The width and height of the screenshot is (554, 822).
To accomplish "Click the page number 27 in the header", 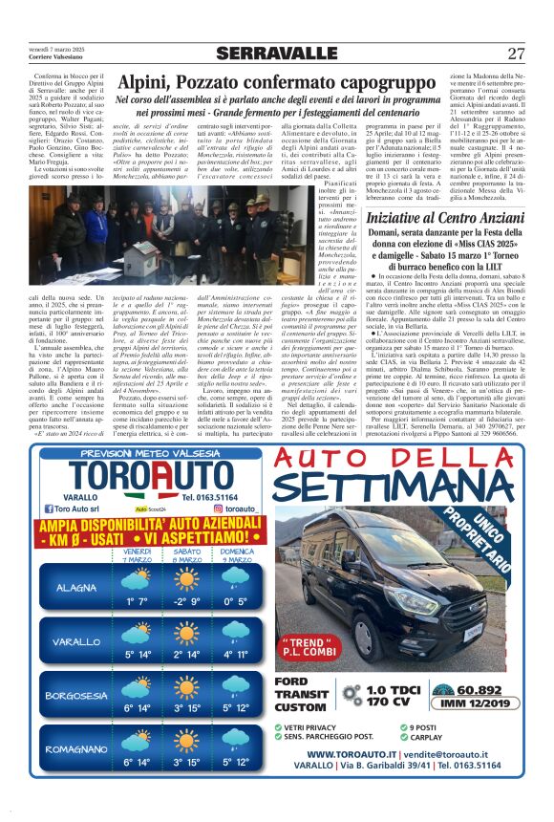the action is [516, 53].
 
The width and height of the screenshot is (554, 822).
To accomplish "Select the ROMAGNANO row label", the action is [75, 749].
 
